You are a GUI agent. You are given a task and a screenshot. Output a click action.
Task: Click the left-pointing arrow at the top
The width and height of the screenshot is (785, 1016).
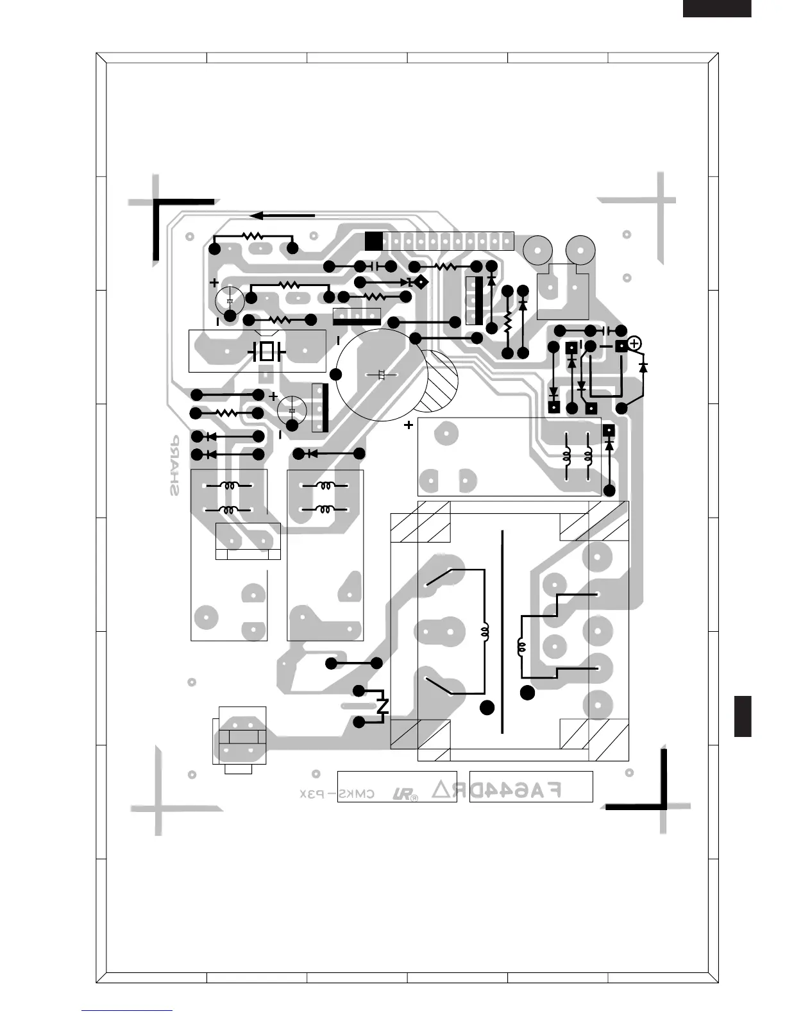pos(282,216)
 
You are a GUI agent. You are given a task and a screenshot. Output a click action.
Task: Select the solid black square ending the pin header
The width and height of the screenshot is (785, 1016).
pos(373,241)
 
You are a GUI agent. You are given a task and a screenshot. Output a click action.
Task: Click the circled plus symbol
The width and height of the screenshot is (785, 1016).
pos(634,344)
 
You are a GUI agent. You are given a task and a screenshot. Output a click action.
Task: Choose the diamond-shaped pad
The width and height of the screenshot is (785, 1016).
pos(421,282)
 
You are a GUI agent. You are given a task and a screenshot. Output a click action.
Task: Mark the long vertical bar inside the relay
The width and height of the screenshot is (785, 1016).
pos(502,632)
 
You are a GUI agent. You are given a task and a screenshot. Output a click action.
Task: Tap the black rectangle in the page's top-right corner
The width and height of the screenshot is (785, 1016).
pos(716,8)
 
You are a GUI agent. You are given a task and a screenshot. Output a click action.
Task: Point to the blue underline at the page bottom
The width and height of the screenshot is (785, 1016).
pos(127,1010)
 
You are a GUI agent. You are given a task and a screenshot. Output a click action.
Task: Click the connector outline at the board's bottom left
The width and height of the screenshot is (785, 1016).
pos(240,740)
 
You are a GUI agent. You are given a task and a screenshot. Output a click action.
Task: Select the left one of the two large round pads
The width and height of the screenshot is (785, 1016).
pos(537,250)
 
